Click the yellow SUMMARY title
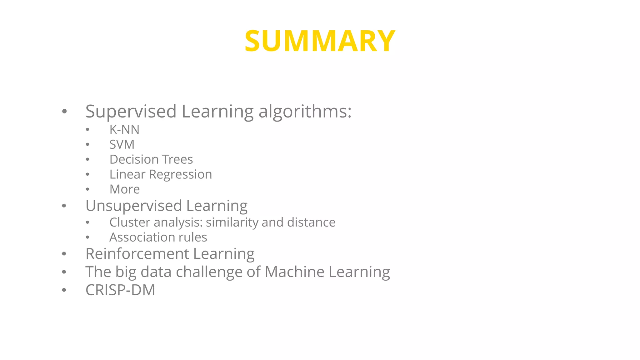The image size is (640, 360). (x=320, y=41)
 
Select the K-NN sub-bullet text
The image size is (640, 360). (x=124, y=129)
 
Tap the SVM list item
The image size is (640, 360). (x=122, y=144)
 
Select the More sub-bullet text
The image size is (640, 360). (x=124, y=189)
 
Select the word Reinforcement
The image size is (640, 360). (x=137, y=253)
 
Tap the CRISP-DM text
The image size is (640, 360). (x=120, y=290)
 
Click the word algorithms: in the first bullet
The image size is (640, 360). (x=305, y=111)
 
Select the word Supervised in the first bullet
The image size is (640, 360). (x=131, y=111)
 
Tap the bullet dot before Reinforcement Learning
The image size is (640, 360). (x=64, y=254)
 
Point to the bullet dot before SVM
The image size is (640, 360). (x=87, y=144)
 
